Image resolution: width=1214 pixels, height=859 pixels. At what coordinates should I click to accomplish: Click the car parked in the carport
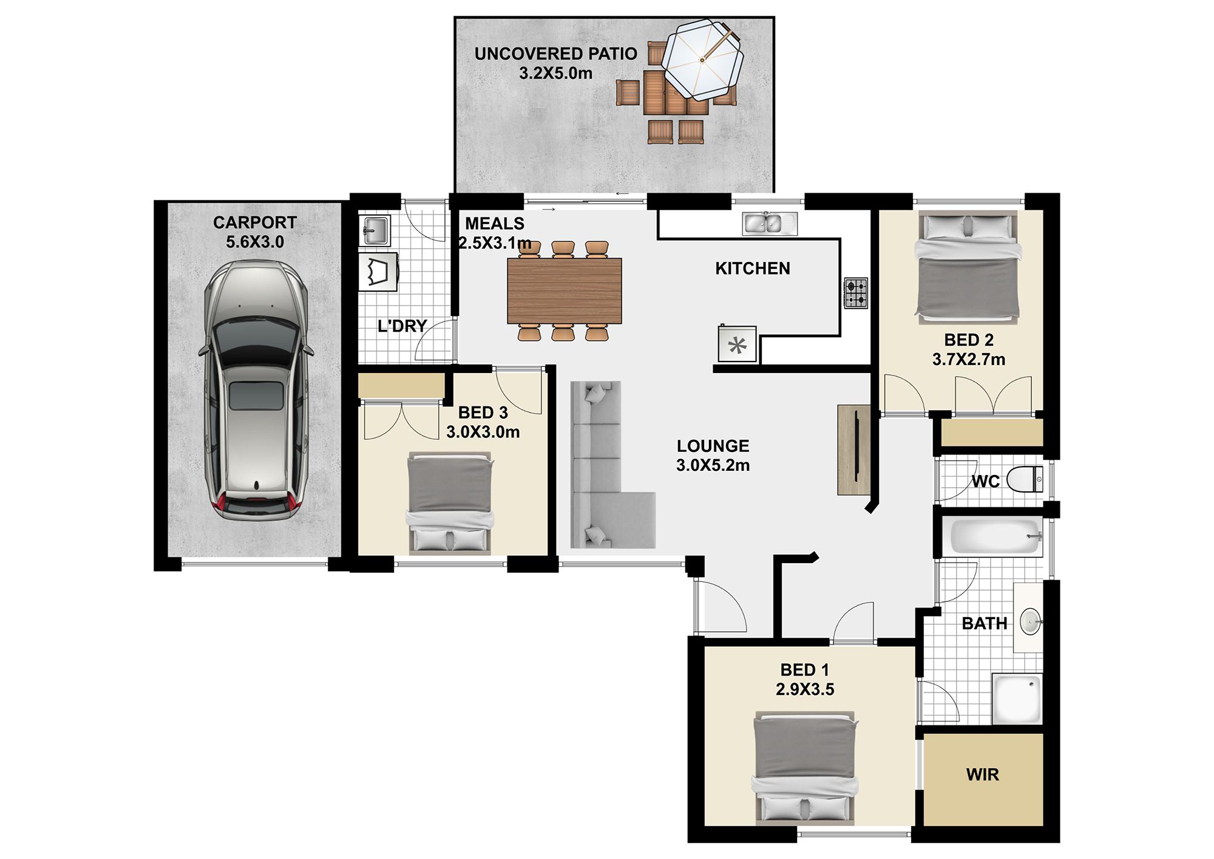(x=256, y=391)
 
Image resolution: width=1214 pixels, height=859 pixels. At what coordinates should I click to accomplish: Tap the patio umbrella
(x=702, y=60)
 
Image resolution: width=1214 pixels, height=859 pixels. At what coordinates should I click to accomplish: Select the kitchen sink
(x=770, y=223)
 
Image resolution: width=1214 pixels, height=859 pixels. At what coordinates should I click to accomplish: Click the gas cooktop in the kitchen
(x=856, y=293)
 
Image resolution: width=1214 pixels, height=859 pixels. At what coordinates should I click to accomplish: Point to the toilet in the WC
(x=1025, y=479)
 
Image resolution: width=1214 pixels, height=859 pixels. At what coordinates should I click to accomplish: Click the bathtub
(x=996, y=536)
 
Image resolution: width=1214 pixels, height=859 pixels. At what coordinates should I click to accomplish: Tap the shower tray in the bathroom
(x=1017, y=699)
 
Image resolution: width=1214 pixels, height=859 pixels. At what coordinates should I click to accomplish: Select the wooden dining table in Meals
(x=565, y=291)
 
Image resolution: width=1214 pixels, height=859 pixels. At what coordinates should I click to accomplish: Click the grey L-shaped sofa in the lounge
(x=607, y=465)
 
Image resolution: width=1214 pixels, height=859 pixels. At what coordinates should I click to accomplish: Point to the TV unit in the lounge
(x=854, y=450)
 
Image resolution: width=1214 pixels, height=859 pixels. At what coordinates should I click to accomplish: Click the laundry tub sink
(x=375, y=230)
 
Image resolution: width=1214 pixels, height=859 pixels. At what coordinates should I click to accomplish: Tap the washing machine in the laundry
(x=378, y=272)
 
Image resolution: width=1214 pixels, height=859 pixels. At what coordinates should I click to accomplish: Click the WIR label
(x=982, y=775)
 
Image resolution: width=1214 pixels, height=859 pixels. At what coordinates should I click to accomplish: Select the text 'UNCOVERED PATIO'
(x=555, y=53)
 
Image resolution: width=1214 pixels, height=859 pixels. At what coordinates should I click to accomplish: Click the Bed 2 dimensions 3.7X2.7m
(x=969, y=359)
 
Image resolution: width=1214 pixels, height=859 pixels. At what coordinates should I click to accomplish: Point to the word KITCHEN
(x=753, y=269)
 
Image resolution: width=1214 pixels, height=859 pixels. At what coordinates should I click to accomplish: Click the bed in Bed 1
(x=805, y=768)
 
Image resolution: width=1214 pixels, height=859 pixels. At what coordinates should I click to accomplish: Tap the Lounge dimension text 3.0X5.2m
(x=713, y=465)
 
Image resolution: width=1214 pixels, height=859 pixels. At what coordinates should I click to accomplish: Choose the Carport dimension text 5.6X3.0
(x=255, y=242)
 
